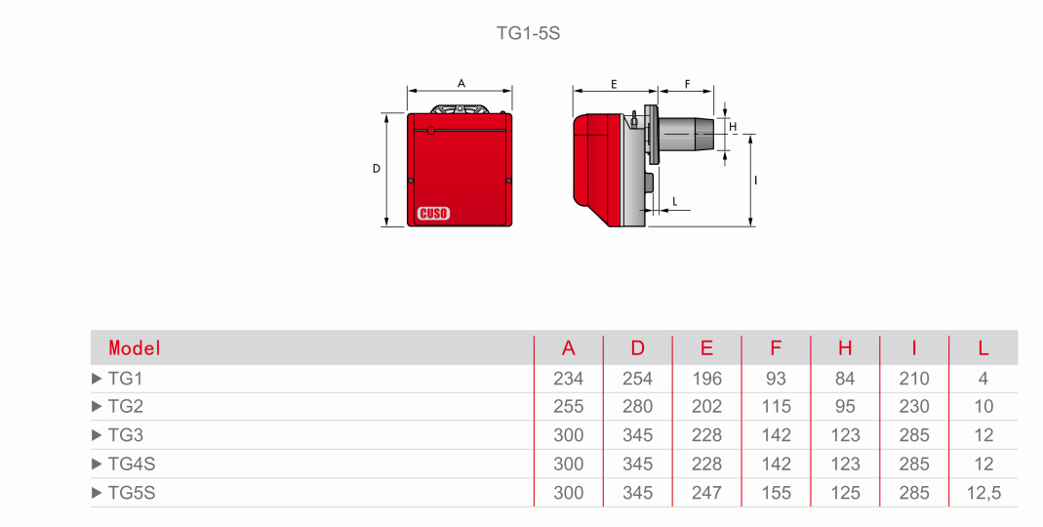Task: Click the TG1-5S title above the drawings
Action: pyautogui.click(x=528, y=33)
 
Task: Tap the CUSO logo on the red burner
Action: pyautogui.click(x=434, y=214)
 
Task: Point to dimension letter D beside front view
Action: pyautogui.click(x=377, y=169)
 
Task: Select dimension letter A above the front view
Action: pyautogui.click(x=461, y=84)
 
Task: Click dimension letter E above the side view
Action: pyautogui.click(x=614, y=85)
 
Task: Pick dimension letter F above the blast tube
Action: pyautogui.click(x=687, y=85)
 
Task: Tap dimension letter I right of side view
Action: pyautogui.click(x=756, y=181)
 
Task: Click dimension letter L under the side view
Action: pyautogui.click(x=675, y=202)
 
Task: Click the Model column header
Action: pyautogui.click(x=135, y=348)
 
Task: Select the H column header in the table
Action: pyautogui.click(x=845, y=348)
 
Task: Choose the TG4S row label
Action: pyautogui.click(x=132, y=464)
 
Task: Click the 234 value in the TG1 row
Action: pyautogui.click(x=568, y=379)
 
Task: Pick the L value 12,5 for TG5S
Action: pyautogui.click(x=983, y=493)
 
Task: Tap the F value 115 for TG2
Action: pyautogui.click(x=776, y=407)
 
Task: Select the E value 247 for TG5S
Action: pyautogui.click(x=706, y=493)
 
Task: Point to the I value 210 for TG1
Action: pyautogui.click(x=914, y=379)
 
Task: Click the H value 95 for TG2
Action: pyautogui.click(x=845, y=407)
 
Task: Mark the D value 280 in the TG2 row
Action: pyautogui.click(x=637, y=407)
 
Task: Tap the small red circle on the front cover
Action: pyautogui.click(x=431, y=131)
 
